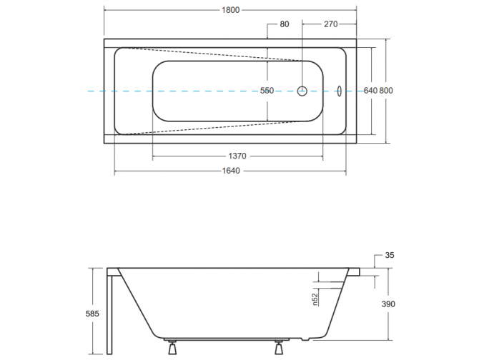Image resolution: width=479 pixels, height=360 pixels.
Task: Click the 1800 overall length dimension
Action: (229, 10)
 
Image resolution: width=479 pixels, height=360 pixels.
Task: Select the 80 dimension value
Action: (285, 24)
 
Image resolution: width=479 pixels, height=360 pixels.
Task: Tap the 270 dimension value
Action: (330, 24)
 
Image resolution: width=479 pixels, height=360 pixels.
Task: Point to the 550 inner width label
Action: (267, 91)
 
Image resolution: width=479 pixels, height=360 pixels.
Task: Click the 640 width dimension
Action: (370, 91)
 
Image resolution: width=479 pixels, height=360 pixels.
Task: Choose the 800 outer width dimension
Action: (386, 91)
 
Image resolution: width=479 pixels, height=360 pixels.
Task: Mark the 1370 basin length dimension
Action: (237, 156)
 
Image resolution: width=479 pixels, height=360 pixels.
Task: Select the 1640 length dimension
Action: (230, 171)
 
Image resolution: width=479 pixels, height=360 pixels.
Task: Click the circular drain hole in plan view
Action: (302, 91)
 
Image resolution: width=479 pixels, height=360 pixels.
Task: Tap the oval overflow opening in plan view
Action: (339, 91)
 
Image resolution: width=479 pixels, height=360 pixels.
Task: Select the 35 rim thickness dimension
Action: (389, 254)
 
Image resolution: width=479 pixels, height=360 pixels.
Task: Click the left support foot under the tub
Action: (172, 349)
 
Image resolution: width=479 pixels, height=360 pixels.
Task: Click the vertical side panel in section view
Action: (109, 314)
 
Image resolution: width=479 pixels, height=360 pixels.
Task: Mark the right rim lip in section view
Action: (355, 271)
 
